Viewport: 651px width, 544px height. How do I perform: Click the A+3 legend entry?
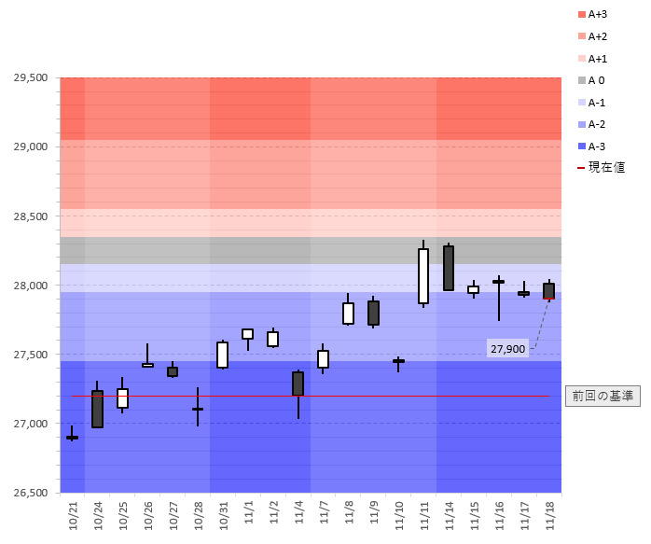point(597,15)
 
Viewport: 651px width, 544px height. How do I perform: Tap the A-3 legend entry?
point(597,146)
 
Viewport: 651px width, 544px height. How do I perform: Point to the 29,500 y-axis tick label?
point(31,77)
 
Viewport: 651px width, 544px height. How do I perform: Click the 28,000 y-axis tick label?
point(31,286)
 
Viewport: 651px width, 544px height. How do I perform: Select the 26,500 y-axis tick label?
point(31,493)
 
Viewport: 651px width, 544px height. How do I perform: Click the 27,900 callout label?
point(507,349)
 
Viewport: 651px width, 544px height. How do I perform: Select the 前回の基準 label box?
point(603,396)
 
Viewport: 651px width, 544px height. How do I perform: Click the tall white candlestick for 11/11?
point(423,276)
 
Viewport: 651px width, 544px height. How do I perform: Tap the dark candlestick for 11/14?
point(449,268)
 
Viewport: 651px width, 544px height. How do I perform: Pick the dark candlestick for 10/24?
point(98,409)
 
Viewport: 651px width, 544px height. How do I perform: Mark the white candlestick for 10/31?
point(223,355)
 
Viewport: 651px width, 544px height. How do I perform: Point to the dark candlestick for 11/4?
point(298,384)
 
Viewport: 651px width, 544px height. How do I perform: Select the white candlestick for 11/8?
point(348,313)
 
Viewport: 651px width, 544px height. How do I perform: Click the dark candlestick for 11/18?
point(549,291)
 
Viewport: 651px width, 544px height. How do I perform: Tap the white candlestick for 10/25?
point(122,398)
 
